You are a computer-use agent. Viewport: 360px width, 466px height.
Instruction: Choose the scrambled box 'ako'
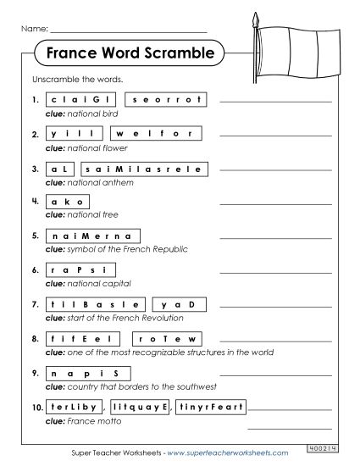pos(69,202)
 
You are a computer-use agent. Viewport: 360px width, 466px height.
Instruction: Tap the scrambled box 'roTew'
pos(174,338)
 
